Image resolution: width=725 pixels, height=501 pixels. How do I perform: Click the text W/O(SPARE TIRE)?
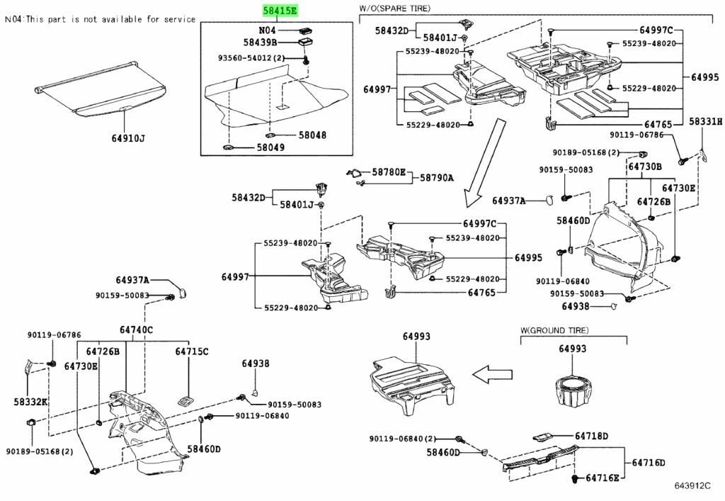pyautogui.click(x=394, y=9)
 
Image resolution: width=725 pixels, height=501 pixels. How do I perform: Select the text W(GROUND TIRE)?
pyautogui.click(x=554, y=330)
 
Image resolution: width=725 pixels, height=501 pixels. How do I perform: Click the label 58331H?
pyautogui.click(x=706, y=123)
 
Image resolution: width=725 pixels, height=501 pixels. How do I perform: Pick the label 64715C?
pyautogui.click(x=192, y=351)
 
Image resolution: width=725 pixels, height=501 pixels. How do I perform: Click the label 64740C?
pyautogui.click(x=136, y=330)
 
